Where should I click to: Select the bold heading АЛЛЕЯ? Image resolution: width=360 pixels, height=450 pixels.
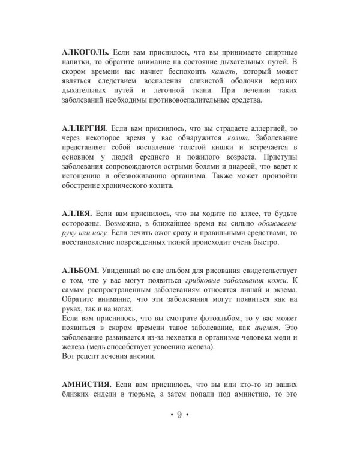77,213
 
